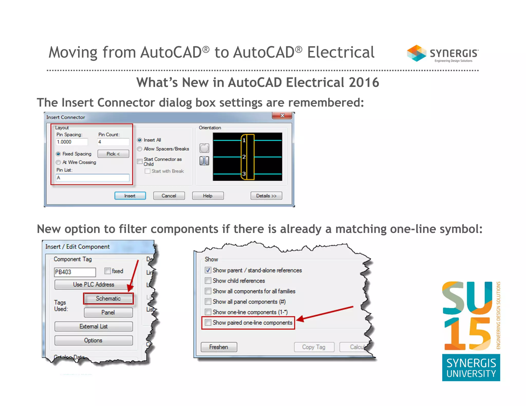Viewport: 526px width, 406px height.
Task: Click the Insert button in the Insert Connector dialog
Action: [x=130, y=196]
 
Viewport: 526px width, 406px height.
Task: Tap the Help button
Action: [x=208, y=196]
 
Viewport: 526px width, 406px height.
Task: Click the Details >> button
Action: [x=266, y=196]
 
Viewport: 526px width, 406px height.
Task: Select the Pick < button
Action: [x=113, y=154]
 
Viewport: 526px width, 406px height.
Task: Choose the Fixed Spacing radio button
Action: [x=59, y=154]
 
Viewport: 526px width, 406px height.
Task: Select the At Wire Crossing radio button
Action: [x=59, y=162]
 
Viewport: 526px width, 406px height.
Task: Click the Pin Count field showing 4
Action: [x=113, y=142]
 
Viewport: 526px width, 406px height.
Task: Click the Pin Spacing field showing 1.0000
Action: [x=72, y=142]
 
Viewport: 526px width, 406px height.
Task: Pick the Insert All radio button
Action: [x=140, y=140]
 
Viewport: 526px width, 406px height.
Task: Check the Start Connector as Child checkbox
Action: [x=140, y=161]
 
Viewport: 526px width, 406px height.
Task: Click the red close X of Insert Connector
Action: [x=282, y=115]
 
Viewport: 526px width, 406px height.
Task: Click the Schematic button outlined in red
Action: [x=108, y=298]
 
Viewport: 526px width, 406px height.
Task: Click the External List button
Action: [x=93, y=326]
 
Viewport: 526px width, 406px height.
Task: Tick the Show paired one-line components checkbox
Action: [x=208, y=323]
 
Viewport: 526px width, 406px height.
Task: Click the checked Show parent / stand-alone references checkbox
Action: [x=208, y=270]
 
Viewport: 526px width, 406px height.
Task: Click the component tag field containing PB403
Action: [x=75, y=272]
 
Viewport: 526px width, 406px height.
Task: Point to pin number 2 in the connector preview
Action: [x=244, y=157]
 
